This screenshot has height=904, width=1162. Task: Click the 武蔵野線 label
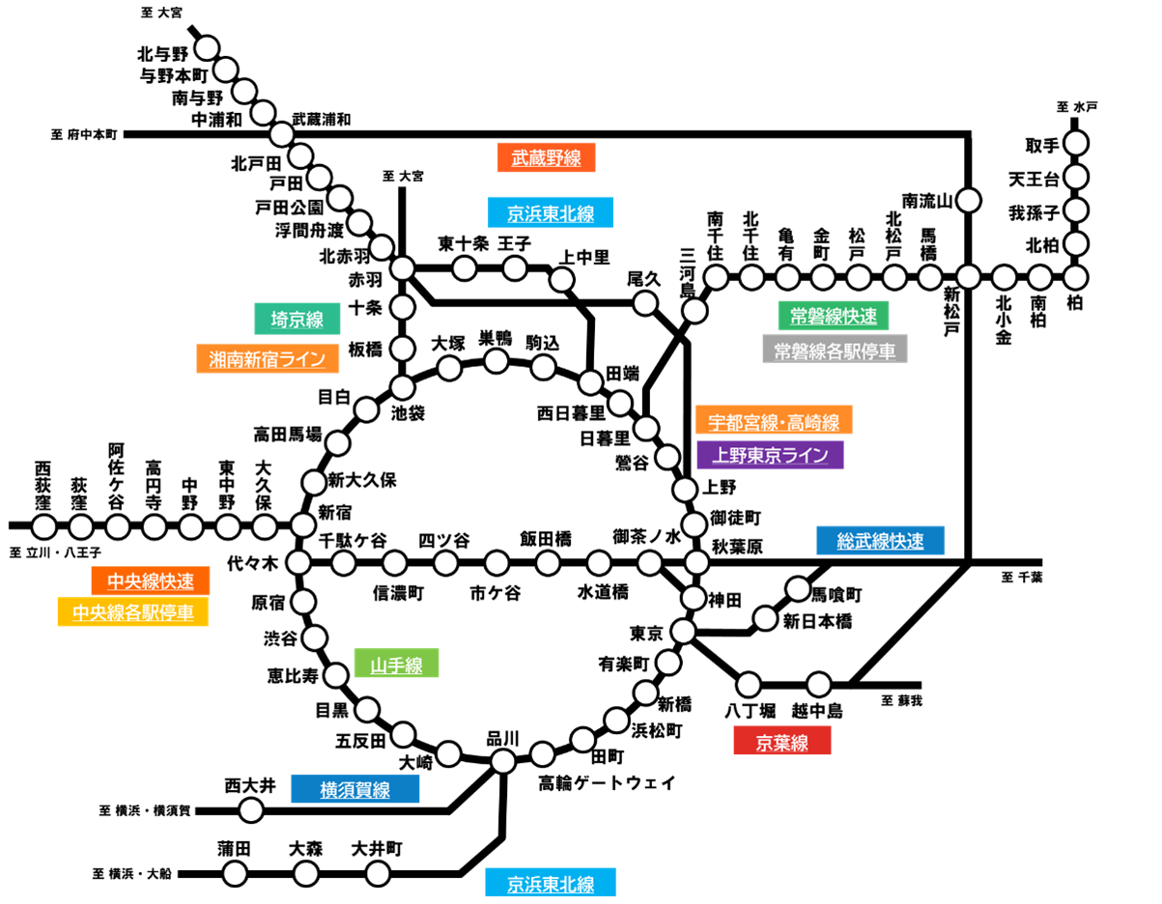tap(547, 157)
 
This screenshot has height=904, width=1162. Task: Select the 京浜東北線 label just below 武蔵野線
tap(551, 212)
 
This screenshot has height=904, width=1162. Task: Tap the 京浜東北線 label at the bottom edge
tap(551, 883)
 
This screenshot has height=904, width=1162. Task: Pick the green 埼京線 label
tap(297, 319)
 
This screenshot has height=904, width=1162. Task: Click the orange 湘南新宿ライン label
tap(268, 358)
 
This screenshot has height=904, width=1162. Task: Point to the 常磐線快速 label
tap(833, 316)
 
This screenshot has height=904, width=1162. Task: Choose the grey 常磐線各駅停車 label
tap(835, 349)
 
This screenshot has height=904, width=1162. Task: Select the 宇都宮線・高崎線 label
tap(773, 420)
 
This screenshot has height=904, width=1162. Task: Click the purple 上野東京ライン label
tap(770, 455)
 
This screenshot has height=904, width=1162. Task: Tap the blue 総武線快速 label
tap(880, 541)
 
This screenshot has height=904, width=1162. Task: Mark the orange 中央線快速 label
tap(151, 580)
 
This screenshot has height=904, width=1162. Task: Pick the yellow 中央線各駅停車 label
tap(132, 612)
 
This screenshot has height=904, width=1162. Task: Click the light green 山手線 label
tap(396, 664)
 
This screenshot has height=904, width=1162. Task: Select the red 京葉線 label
tap(781, 741)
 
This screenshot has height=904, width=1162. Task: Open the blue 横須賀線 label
tap(354, 789)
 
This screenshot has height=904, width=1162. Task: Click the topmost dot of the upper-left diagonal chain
tap(207, 48)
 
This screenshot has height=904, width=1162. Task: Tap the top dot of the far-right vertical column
tap(1076, 143)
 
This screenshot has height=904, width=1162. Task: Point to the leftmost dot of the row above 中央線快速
tap(44, 526)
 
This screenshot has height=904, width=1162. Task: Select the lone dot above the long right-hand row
tap(969, 200)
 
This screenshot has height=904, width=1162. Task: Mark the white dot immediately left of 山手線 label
tap(336, 675)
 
